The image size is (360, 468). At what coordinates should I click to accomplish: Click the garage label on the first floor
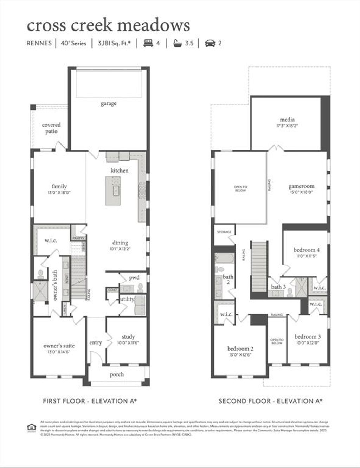(x=108, y=103)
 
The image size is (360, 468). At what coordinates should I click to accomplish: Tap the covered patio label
(x=51, y=128)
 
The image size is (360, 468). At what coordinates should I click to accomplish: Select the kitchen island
(x=112, y=191)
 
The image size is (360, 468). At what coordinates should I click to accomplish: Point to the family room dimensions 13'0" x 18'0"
(x=59, y=193)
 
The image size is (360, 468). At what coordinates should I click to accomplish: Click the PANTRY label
(x=78, y=238)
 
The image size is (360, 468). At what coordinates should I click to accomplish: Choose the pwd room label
(x=134, y=277)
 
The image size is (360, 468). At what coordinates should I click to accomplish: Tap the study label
(x=128, y=336)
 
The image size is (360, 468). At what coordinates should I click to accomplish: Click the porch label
(x=117, y=374)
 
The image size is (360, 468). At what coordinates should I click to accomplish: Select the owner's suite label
(x=59, y=346)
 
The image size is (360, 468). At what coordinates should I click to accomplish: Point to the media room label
(x=287, y=120)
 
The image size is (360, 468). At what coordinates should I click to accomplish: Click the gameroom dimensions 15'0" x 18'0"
(x=301, y=192)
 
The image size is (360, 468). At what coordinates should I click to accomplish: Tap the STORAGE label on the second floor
(x=224, y=232)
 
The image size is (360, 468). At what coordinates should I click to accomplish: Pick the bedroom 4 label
(x=307, y=250)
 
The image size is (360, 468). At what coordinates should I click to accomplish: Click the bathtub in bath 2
(x=224, y=259)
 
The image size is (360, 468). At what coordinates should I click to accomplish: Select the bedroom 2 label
(x=240, y=348)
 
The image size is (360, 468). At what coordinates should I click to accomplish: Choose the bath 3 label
(x=278, y=287)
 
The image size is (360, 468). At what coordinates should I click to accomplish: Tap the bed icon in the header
(x=148, y=43)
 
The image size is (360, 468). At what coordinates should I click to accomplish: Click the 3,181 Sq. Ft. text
(x=114, y=43)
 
